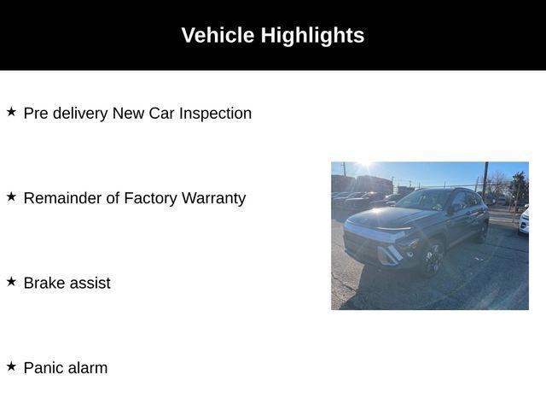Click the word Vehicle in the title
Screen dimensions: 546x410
click(218, 35)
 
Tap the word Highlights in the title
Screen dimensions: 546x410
click(313, 36)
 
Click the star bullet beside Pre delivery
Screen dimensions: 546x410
click(11, 112)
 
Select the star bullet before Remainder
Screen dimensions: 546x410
click(11, 196)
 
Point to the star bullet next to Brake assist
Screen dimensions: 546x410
click(11, 281)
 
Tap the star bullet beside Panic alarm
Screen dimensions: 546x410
click(11, 366)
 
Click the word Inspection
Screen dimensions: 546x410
click(215, 114)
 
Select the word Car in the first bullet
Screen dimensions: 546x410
click(161, 114)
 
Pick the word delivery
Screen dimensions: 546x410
click(80, 114)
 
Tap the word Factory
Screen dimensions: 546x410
click(150, 198)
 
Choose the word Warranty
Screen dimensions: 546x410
click(213, 198)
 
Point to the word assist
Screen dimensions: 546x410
click(89, 283)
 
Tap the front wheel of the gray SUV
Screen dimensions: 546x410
click(433, 259)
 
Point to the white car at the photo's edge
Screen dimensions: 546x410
click(523, 220)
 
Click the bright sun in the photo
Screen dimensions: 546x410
click(364, 162)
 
